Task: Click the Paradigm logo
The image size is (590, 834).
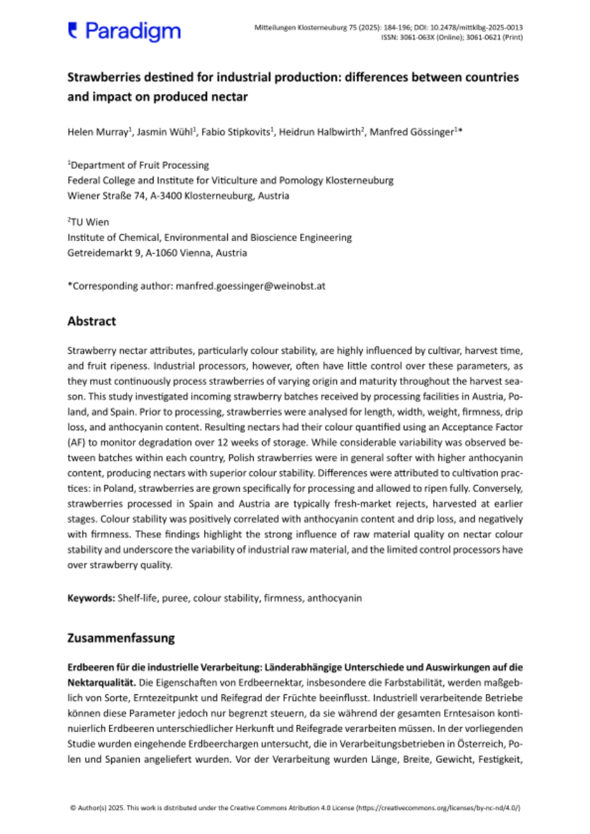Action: (124, 31)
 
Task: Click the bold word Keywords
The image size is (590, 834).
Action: (90, 598)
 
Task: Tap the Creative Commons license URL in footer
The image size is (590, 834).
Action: (439, 808)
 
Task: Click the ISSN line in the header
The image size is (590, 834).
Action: (452, 38)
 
